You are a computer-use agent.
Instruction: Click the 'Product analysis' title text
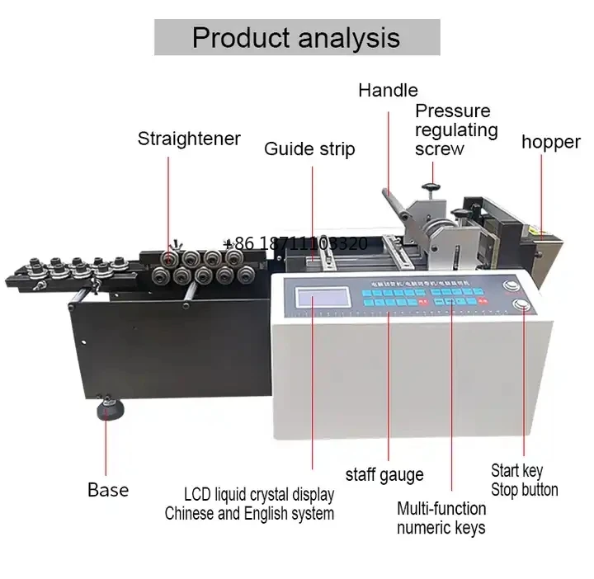[x=296, y=37]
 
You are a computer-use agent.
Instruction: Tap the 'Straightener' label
[x=189, y=139]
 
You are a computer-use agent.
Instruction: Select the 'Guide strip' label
[x=309, y=149]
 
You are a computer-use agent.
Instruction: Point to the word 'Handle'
[x=388, y=91]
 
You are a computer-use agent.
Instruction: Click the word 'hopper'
[x=550, y=142]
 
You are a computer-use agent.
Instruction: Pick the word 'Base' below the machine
[x=108, y=490]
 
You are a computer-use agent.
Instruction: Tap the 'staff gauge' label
[x=384, y=474]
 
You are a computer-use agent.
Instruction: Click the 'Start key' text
[x=517, y=470]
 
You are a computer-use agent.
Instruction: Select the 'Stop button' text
[x=525, y=490]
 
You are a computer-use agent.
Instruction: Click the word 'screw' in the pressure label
[x=440, y=149]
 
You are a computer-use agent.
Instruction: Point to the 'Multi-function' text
[x=441, y=508]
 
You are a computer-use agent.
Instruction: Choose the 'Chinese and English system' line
[x=249, y=514]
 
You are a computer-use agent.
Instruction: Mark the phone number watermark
[x=295, y=244]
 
